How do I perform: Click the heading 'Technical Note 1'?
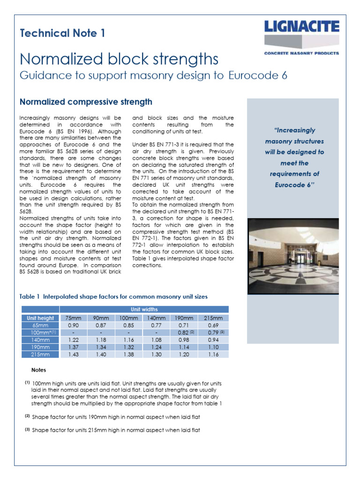pos(62,33)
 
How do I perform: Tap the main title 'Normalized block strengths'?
pos(119,60)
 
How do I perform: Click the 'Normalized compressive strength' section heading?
pos(85,102)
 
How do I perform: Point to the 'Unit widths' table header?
pos(144,309)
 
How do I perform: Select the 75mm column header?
pos(74,318)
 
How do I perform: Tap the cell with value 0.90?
pos(74,325)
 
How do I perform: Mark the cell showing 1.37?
pos(74,347)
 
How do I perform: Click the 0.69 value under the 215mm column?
pos(214,325)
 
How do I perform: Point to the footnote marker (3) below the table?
pos(27,430)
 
